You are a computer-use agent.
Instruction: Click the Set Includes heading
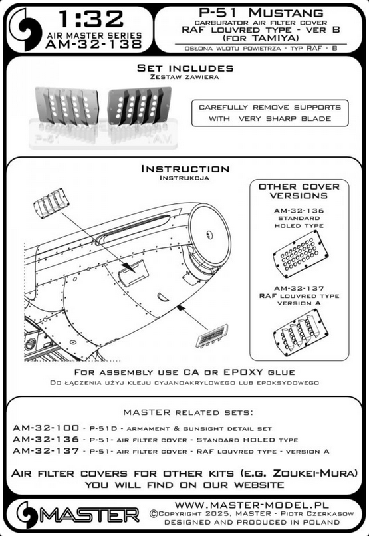pyautogui.click(x=184, y=68)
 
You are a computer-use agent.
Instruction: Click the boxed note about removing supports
pyautogui.click(x=269, y=113)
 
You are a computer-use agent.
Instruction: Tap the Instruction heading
pyautogui.click(x=184, y=170)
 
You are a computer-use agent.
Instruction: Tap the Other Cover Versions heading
pyautogui.click(x=299, y=192)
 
